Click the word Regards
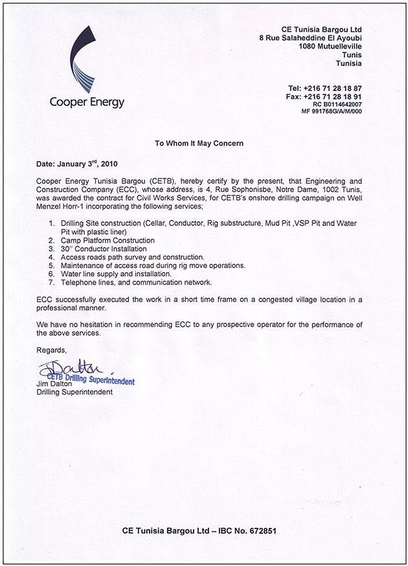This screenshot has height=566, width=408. coord(51,349)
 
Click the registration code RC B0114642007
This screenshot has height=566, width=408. coord(337,103)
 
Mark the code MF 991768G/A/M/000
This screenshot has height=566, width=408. coord(331,111)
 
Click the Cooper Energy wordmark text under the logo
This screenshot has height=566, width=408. coord(87,102)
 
